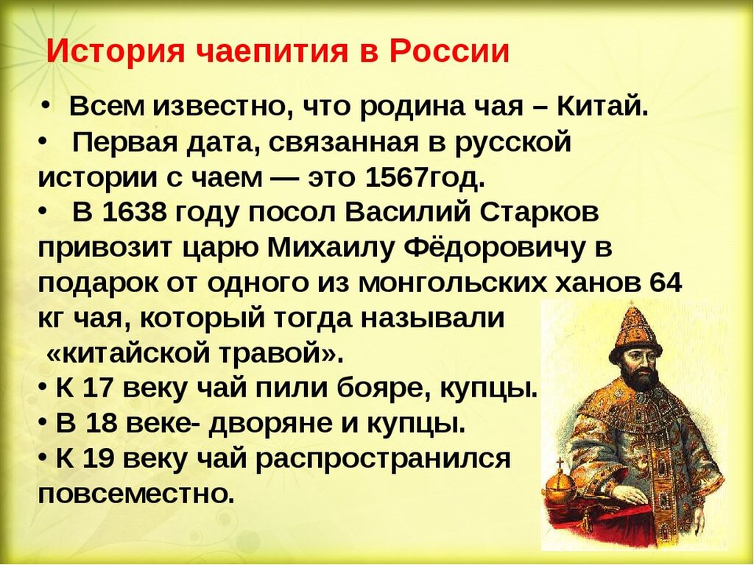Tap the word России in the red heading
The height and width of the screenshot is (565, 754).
pyautogui.click(x=449, y=51)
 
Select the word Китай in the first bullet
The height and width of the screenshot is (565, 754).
pyautogui.click(x=600, y=107)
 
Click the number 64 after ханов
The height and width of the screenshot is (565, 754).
pyautogui.click(x=666, y=282)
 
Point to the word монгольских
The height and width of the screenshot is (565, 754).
pyautogui.click(x=453, y=283)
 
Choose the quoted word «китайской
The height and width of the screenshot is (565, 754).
pyautogui.click(x=130, y=354)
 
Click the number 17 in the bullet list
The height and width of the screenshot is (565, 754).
pyautogui.click(x=99, y=388)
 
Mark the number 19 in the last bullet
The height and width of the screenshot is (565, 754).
pyautogui.click(x=99, y=458)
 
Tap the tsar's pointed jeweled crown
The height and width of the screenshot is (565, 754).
pyautogui.click(x=635, y=332)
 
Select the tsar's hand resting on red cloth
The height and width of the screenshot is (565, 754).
pyautogui.click(x=625, y=495)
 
